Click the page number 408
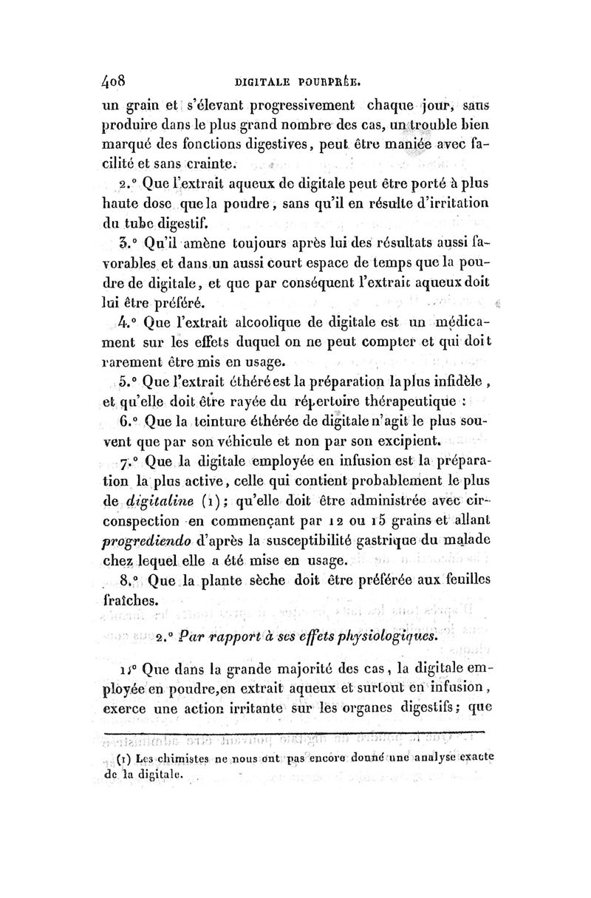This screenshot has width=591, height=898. tap(117, 79)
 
